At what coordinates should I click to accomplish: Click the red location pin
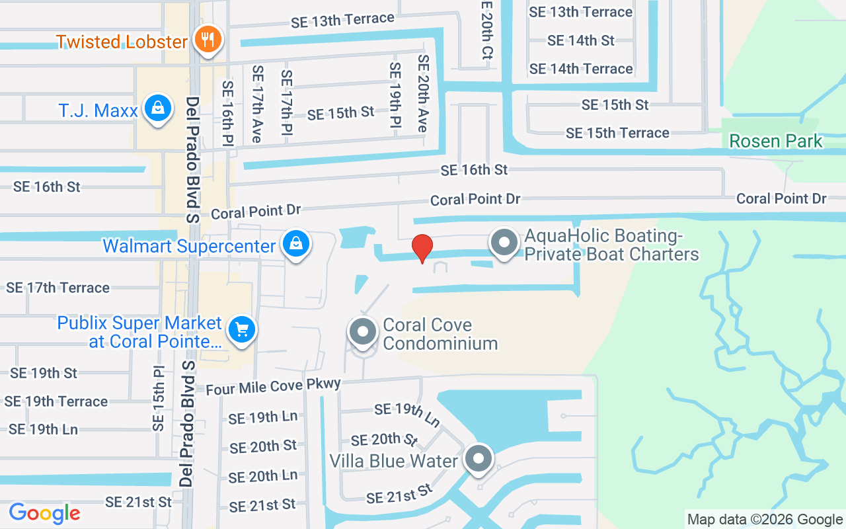[422, 248]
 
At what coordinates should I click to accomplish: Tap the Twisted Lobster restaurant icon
[208, 40]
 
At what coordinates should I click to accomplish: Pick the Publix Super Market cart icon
[241, 329]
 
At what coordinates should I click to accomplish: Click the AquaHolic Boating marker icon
[505, 243]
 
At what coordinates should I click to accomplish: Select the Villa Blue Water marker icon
[478, 459]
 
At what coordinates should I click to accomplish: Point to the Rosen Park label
[776, 141]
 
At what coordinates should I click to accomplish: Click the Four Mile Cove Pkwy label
[273, 386]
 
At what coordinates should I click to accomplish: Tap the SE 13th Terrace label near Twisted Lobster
[342, 20]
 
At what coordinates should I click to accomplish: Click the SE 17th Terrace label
[58, 288]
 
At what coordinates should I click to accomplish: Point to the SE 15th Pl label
[158, 398]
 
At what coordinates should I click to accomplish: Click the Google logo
[45, 513]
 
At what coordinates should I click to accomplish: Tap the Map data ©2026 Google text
[765, 520]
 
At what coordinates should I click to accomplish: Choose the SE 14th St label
[581, 40]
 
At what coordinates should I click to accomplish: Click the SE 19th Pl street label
[395, 100]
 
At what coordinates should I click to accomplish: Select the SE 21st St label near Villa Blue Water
[399, 494]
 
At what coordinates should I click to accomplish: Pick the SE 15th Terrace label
[617, 133]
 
